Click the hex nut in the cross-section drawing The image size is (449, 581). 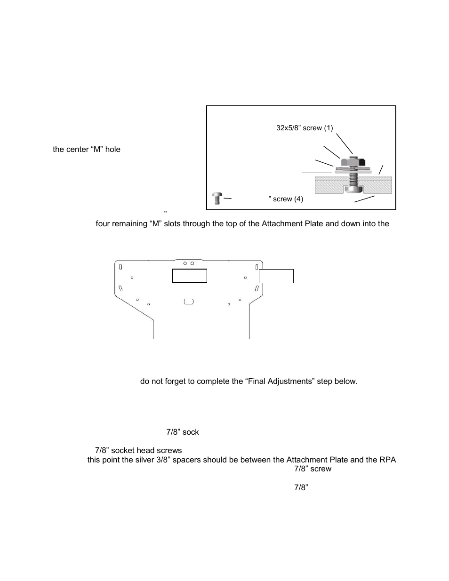[353, 162]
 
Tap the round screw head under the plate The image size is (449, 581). [353, 189]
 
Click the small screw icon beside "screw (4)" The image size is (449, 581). [217, 198]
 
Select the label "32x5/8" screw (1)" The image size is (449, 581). [304, 128]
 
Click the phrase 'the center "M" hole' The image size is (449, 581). [87, 150]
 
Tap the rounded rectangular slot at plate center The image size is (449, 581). [189, 301]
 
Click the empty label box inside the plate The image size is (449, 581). [189, 276]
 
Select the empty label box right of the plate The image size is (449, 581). [276, 276]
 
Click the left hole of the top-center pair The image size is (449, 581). [185, 263]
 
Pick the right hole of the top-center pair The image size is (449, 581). [192, 263]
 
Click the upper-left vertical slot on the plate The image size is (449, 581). [121, 267]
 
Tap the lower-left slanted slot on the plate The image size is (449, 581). [121, 288]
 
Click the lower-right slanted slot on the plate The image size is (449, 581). [257, 288]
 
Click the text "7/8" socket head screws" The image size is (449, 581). [138, 451]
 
